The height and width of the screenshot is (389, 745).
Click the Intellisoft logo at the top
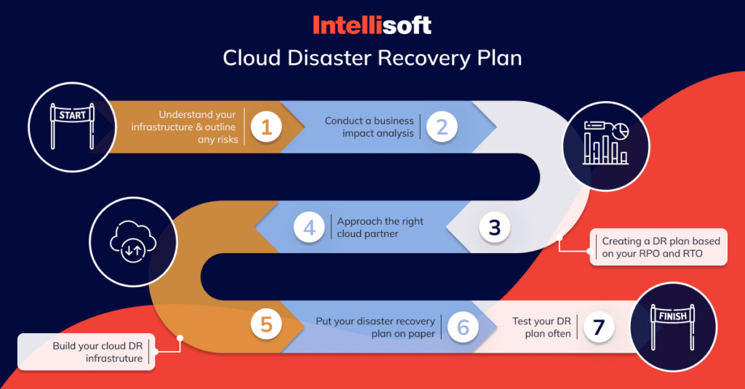tap(372, 25)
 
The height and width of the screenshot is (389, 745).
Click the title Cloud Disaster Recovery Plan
tap(372, 58)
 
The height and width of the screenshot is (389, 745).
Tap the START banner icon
tap(72, 126)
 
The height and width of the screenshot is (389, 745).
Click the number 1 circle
tap(266, 127)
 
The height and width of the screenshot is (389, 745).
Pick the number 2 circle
tap(442, 127)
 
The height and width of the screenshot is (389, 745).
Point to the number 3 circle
tap(495, 228)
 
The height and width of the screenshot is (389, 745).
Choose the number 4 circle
tap(309, 228)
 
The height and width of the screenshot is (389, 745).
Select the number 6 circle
tap(463, 327)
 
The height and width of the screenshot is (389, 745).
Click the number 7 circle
tap(598, 327)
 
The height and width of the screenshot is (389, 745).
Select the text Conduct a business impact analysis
tap(370, 127)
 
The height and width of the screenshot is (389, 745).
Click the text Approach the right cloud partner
tap(380, 228)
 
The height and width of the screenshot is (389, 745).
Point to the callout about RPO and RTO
tap(658, 248)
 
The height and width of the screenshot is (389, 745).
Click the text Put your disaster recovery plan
tap(375, 327)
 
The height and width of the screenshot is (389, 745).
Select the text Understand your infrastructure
tap(185, 127)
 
